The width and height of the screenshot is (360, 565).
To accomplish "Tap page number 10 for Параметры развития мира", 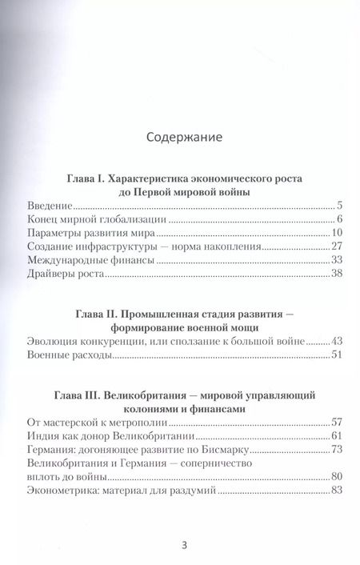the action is point(336,233).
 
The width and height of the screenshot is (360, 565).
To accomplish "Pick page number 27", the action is point(336,248).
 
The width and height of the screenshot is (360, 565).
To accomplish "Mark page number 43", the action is point(336,342).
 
